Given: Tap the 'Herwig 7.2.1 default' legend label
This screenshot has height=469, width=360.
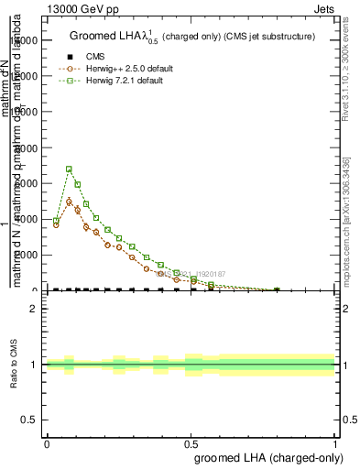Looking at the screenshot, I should pos(125,81).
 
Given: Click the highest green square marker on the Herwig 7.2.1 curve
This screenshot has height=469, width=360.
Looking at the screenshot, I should pos(69,169).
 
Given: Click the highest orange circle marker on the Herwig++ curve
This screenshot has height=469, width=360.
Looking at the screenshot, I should pos(69,202).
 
